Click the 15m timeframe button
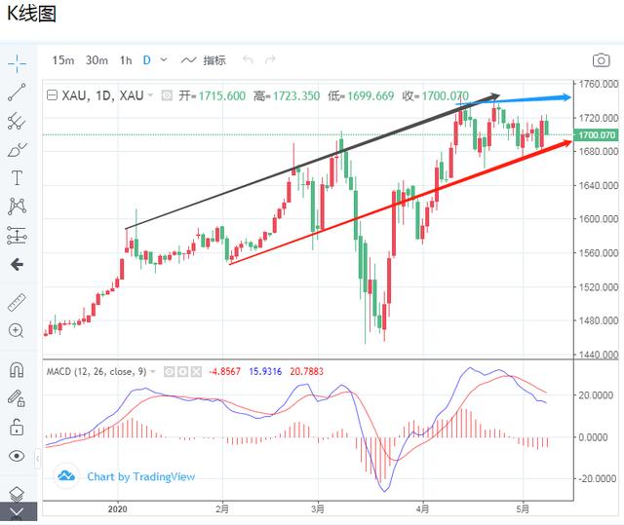click(63, 60)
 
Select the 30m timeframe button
click(97, 60)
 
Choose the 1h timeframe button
click(126, 60)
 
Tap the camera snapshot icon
click(601, 60)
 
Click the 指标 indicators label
click(214, 60)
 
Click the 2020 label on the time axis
click(118, 508)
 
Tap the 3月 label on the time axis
click(318, 508)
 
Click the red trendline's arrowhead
click(566, 143)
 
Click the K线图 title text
click(31, 15)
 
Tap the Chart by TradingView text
click(140, 476)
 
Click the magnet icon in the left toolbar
click(17, 370)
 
